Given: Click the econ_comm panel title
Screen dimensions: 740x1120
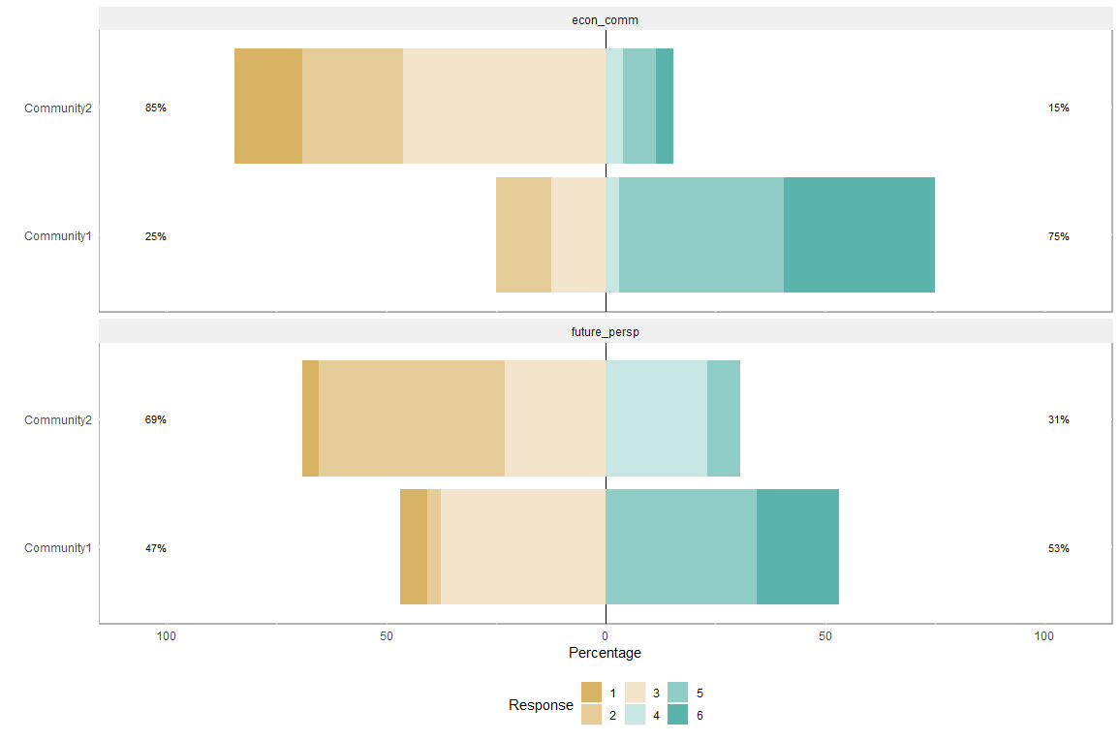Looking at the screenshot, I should point(606,19).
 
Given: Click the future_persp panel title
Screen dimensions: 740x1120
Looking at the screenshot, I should point(606,331).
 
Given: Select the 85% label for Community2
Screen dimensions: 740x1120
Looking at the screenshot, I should point(155,108).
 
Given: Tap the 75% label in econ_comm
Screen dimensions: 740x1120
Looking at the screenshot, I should point(1058,236).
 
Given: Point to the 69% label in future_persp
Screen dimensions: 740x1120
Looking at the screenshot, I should point(155,419).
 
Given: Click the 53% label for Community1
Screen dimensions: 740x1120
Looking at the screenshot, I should point(1058,548).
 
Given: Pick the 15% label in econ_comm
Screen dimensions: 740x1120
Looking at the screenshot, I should point(1058,108).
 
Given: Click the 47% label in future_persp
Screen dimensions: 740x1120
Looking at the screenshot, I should point(155,548).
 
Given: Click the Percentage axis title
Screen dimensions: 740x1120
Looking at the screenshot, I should point(606,653).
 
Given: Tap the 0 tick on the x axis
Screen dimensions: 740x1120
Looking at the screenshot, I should point(606,636).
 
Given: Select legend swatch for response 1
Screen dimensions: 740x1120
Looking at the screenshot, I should point(591,693).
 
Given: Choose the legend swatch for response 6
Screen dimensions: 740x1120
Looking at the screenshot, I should point(678,715).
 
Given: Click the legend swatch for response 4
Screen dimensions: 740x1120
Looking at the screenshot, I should point(635,715).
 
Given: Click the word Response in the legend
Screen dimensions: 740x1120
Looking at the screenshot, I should point(541,705).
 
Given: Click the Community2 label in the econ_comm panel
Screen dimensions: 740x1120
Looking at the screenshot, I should point(58,108).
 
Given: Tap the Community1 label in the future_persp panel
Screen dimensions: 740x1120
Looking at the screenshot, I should point(58,548).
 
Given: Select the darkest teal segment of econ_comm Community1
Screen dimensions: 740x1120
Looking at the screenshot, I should point(859,235).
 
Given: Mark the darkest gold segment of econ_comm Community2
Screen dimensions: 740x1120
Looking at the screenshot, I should point(268,107).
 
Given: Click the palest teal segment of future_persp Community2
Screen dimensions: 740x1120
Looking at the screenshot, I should point(656,418).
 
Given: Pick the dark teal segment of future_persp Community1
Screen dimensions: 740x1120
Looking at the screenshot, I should point(797,547).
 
